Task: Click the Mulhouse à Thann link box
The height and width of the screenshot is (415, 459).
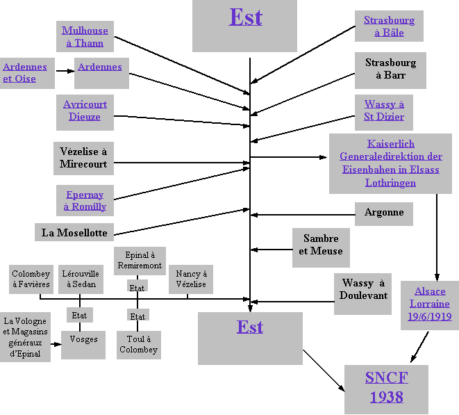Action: [84, 37]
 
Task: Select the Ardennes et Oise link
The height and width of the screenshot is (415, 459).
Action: [25, 73]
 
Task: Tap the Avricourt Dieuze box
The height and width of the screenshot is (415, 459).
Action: [85, 111]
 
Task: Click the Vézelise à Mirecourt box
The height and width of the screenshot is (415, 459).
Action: [83, 158]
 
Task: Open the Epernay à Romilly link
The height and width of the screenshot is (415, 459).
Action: [85, 201]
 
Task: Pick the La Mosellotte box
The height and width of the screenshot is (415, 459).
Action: [74, 232]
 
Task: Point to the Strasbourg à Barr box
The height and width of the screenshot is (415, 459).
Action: [390, 69]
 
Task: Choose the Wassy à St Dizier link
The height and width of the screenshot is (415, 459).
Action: [384, 111]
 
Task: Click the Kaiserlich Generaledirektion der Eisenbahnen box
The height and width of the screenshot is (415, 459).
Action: [391, 163]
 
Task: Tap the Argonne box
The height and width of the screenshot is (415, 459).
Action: [384, 213]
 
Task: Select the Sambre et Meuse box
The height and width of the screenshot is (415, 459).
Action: [321, 245]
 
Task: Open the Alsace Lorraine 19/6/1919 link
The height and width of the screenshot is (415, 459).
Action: [430, 304]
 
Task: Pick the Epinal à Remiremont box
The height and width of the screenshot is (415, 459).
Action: [140, 261]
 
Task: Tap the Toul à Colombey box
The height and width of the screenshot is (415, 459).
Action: [138, 345]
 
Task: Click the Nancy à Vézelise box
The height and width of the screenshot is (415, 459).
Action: [191, 279]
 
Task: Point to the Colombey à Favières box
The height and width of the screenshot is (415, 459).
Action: [31, 279]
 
